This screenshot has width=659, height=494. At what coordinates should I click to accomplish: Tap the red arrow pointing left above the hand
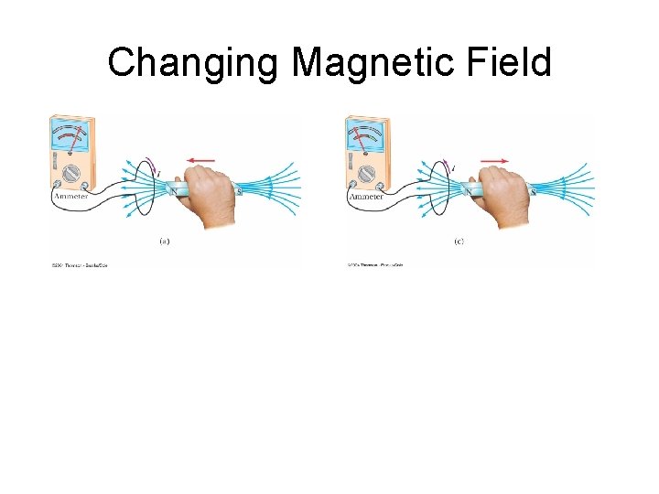(202, 160)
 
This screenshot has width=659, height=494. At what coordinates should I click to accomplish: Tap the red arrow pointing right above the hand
(494, 160)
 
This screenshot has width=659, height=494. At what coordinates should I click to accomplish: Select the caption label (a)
(164, 242)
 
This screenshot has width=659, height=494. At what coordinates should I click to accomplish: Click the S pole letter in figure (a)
(239, 191)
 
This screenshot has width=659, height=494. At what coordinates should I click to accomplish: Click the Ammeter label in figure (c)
(364, 197)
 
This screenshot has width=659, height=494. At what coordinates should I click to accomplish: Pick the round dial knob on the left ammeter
(70, 174)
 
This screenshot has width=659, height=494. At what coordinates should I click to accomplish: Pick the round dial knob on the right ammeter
(366, 174)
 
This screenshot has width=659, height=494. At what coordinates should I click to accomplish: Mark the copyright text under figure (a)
(80, 266)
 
